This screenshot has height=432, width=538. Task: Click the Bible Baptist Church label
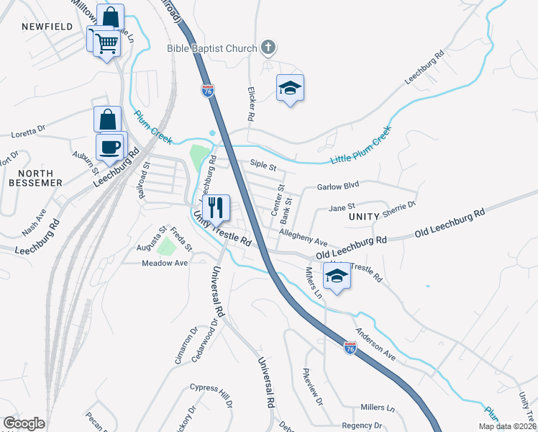point(212,48)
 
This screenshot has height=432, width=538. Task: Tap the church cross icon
point(268,48)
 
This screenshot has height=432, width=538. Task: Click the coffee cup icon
point(110,147)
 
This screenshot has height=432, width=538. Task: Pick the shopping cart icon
point(106,42)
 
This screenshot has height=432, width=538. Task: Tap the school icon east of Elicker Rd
point(290,88)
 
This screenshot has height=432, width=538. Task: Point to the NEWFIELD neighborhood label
point(47,27)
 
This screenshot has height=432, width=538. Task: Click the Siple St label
point(263,165)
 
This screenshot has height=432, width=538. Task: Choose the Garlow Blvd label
point(337,186)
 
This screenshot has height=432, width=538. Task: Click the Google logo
point(24,423)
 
